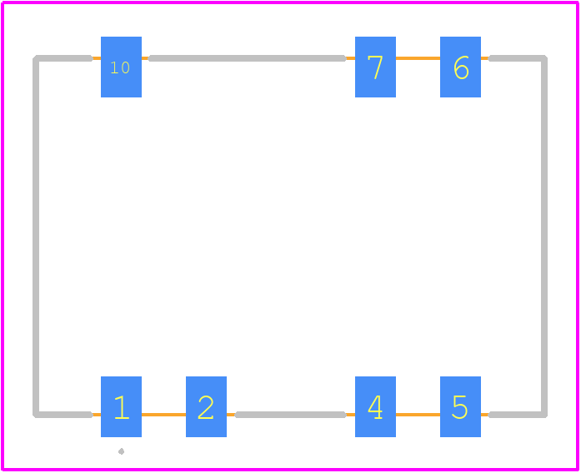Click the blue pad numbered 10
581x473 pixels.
pyautogui.click(x=121, y=67)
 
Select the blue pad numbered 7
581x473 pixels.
pyautogui.click(x=375, y=67)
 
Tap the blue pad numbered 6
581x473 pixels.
pyautogui.click(x=461, y=67)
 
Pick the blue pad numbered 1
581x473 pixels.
pyautogui.click(x=121, y=406)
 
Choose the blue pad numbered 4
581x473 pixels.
pyautogui.click(x=375, y=406)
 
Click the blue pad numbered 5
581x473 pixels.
pyautogui.click(x=461, y=406)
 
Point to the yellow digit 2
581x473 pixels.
pyautogui.click(x=206, y=407)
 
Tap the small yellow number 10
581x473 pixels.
pyautogui.click(x=120, y=67)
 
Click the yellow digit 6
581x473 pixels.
pyautogui.click(x=461, y=67)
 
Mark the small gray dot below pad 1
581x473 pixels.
pyautogui.click(x=121, y=451)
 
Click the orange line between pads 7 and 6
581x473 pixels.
pyautogui.click(x=418, y=58)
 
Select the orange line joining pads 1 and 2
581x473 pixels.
pyautogui.click(x=163, y=415)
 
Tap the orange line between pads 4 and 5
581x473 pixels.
pyautogui.click(x=418, y=415)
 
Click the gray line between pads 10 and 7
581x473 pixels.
pyautogui.click(x=247, y=58)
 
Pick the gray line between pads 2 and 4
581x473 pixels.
pyautogui.click(x=291, y=415)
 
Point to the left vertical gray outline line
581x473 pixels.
pyautogui.click(x=36, y=236)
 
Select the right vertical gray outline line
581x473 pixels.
pyautogui.click(x=544, y=236)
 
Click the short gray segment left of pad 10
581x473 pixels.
pyautogui.click(x=63, y=58)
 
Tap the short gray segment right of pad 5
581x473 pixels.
pyautogui.click(x=518, y=415)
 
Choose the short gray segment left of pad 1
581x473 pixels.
pyautogui.click(x=63, y=415)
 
